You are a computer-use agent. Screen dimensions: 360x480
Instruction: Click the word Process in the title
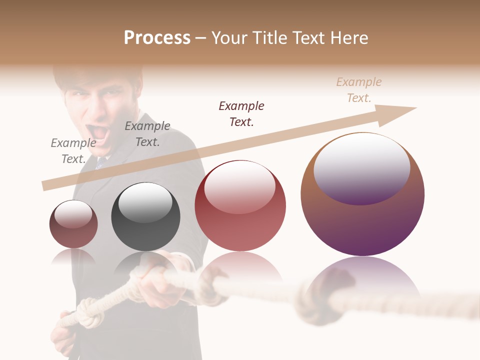[157, 38]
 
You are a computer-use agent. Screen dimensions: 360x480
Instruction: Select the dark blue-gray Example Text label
[147, 134]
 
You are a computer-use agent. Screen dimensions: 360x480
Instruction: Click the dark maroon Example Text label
[241, 114]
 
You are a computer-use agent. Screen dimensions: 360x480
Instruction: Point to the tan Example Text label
[359, 90]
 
